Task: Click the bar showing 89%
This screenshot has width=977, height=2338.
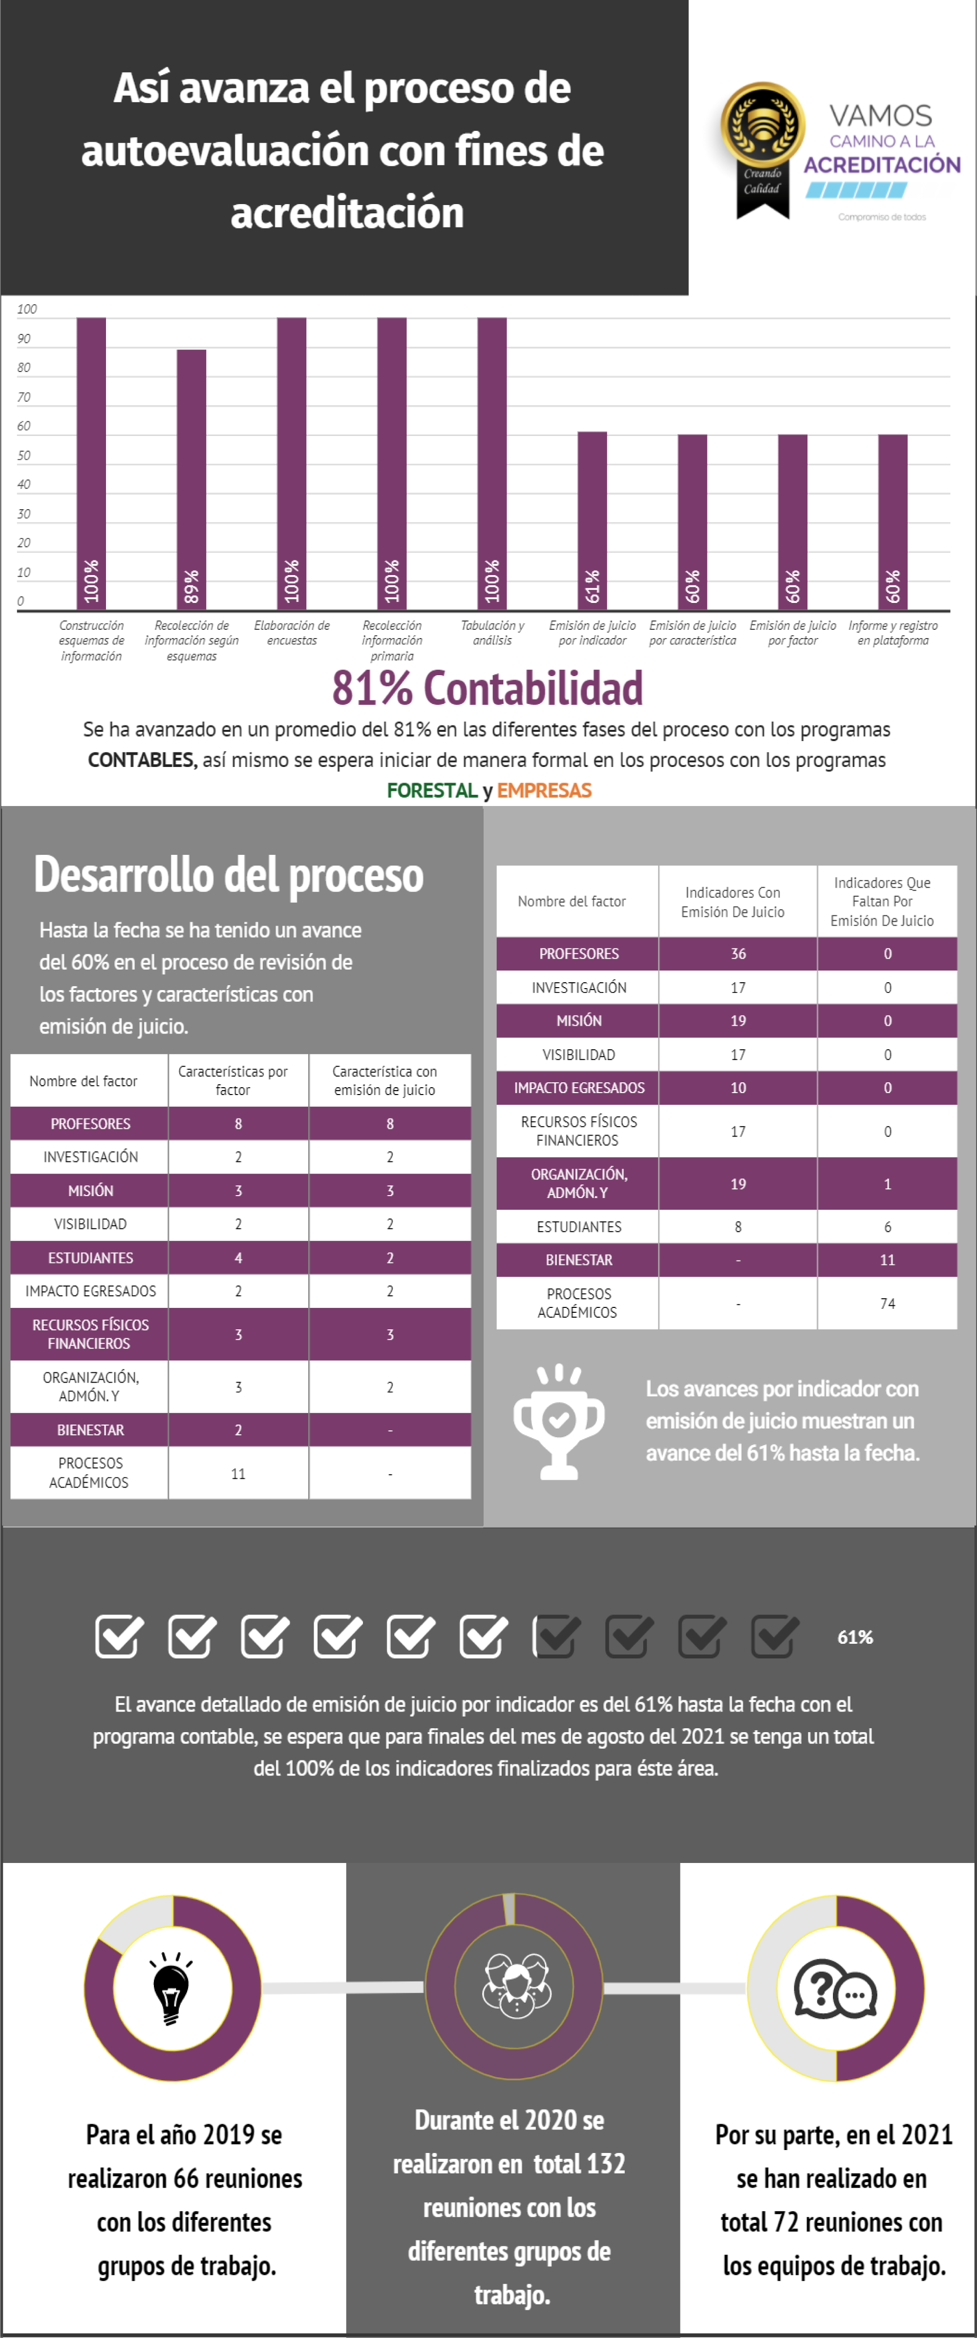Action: point(191,479)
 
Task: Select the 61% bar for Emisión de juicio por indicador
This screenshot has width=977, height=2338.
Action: point(592,521)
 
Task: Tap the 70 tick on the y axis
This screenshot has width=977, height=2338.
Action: point(23,396)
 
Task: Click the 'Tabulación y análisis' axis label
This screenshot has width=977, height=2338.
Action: point(492,633)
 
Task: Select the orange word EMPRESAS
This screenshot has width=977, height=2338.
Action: point(544,790)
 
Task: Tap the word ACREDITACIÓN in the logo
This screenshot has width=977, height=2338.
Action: point(882,164)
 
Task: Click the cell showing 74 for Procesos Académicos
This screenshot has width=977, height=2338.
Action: point(887,1303)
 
